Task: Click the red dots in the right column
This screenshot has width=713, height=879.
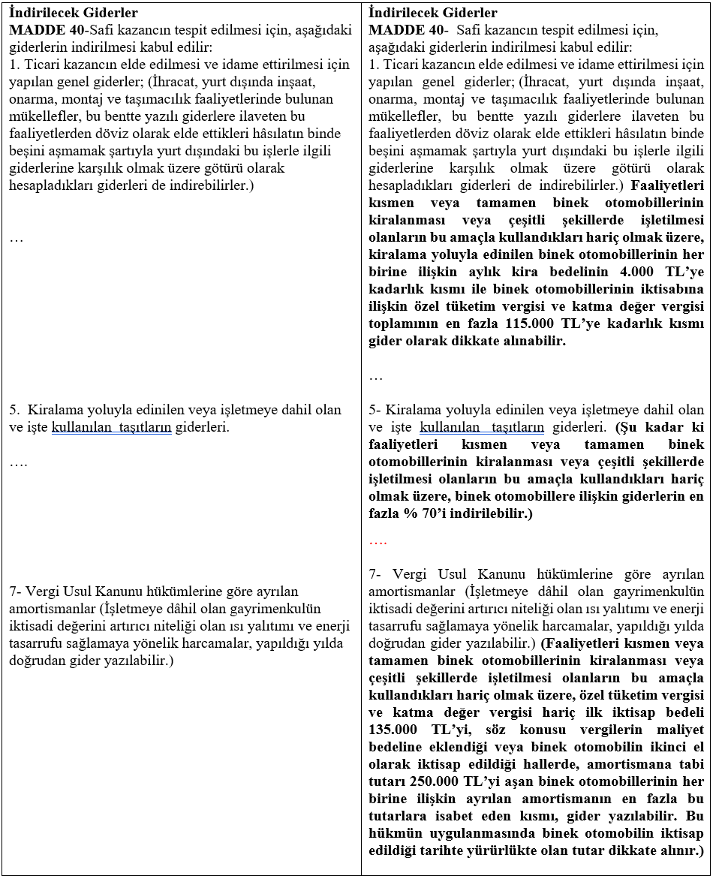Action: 378,540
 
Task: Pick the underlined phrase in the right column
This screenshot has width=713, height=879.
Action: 482,427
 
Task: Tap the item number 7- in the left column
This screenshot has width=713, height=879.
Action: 16,591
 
